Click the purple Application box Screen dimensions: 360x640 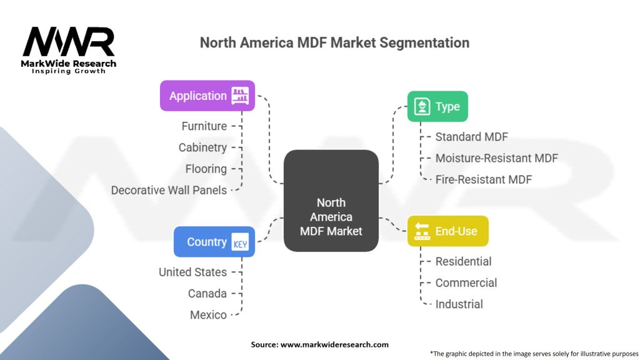207,96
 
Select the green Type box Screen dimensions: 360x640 437,106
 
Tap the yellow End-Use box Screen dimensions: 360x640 447,231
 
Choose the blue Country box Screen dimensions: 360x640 214,242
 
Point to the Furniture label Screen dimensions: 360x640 204,126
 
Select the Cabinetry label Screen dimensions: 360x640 202,147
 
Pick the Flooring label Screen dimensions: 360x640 206,169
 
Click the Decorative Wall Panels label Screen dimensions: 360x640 169,190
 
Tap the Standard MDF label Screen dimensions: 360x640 472,137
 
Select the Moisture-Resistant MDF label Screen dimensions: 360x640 496,158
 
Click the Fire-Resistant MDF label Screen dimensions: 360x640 483,179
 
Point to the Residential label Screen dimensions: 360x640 463,261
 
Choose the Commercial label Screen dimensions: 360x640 466,282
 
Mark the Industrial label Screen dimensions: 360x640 459,304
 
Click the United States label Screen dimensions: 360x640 192,272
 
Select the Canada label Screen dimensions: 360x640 207,293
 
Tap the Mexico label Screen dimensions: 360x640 208,314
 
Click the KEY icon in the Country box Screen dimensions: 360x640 240,242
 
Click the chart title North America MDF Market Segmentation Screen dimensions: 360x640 334,43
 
